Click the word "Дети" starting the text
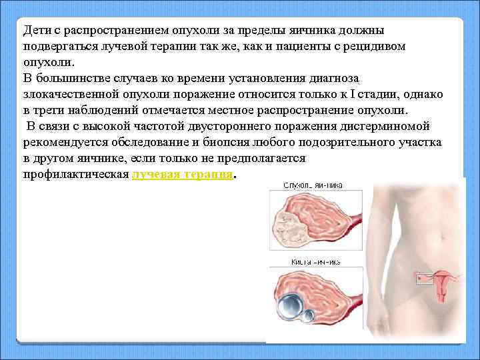(x=34, y=31)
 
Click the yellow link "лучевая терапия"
(x=183, y=175)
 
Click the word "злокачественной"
(x=66, y=95)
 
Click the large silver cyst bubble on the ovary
(x=291, y=305)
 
